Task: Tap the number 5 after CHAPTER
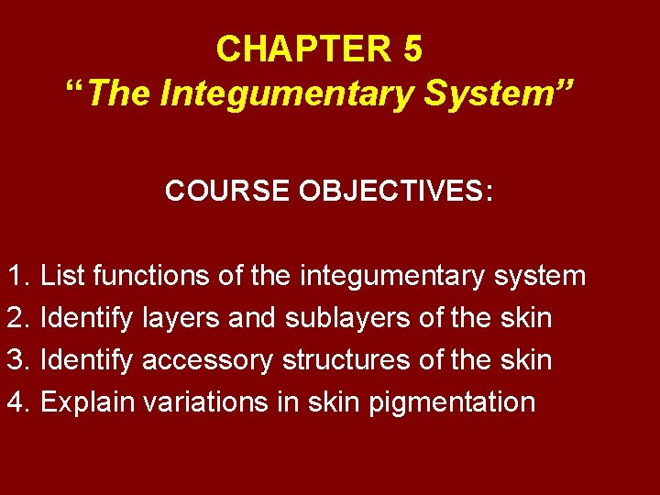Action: pos(412,49)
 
